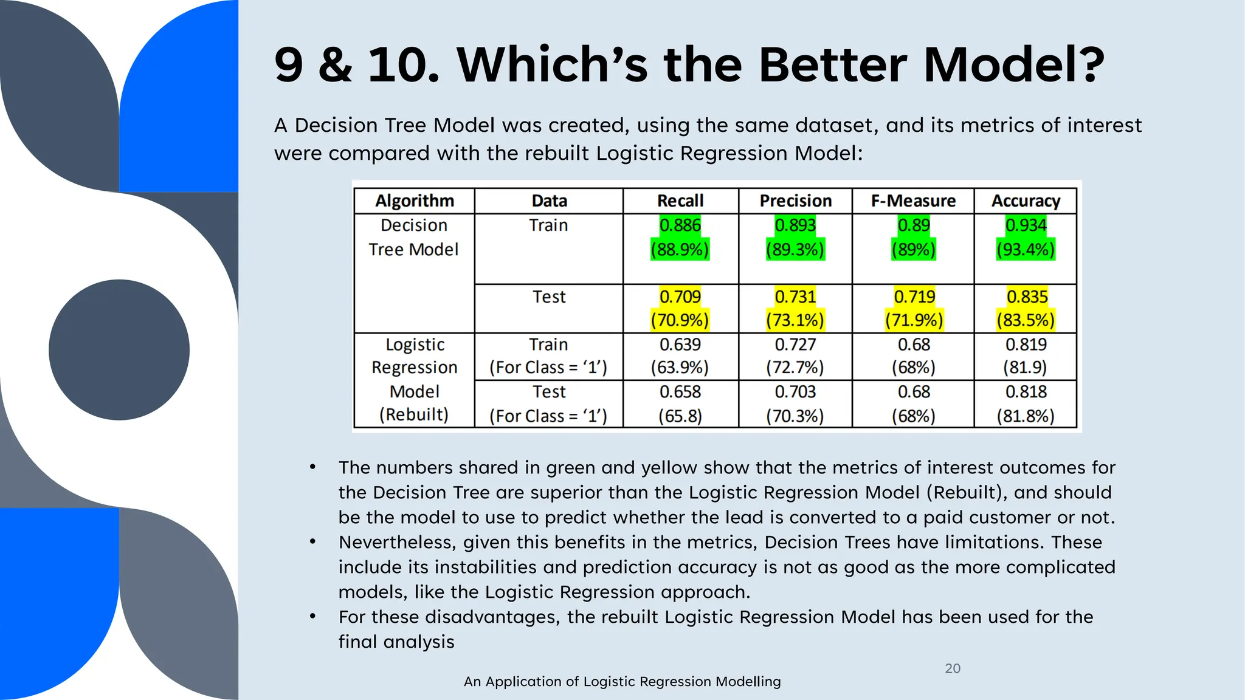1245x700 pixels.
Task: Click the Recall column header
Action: coord(680,201)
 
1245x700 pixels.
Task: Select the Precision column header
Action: coord(795,201)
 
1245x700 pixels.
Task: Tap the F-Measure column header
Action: coord(913,201)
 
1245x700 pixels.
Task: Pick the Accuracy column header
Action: coord(1026,201)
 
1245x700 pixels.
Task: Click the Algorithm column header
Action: coord(415,201)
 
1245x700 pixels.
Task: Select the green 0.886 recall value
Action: coord(680,225)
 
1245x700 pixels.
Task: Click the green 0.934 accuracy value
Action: coord(1026,225)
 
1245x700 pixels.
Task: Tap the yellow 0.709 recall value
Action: coord(680,297)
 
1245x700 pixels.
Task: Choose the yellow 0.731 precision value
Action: coord(795,297)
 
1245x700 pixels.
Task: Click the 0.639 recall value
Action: coord(680,345)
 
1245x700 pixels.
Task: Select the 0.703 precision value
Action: coord(795,392)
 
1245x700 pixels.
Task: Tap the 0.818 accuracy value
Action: coord(1026,392)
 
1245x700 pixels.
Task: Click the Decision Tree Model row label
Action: coord(413,238)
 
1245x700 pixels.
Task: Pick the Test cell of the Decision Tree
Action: coord(549,297)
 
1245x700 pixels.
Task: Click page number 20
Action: coord(953,668)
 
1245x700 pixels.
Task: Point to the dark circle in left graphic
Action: coord(119,350)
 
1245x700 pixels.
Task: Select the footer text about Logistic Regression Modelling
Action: coord(622,682)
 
